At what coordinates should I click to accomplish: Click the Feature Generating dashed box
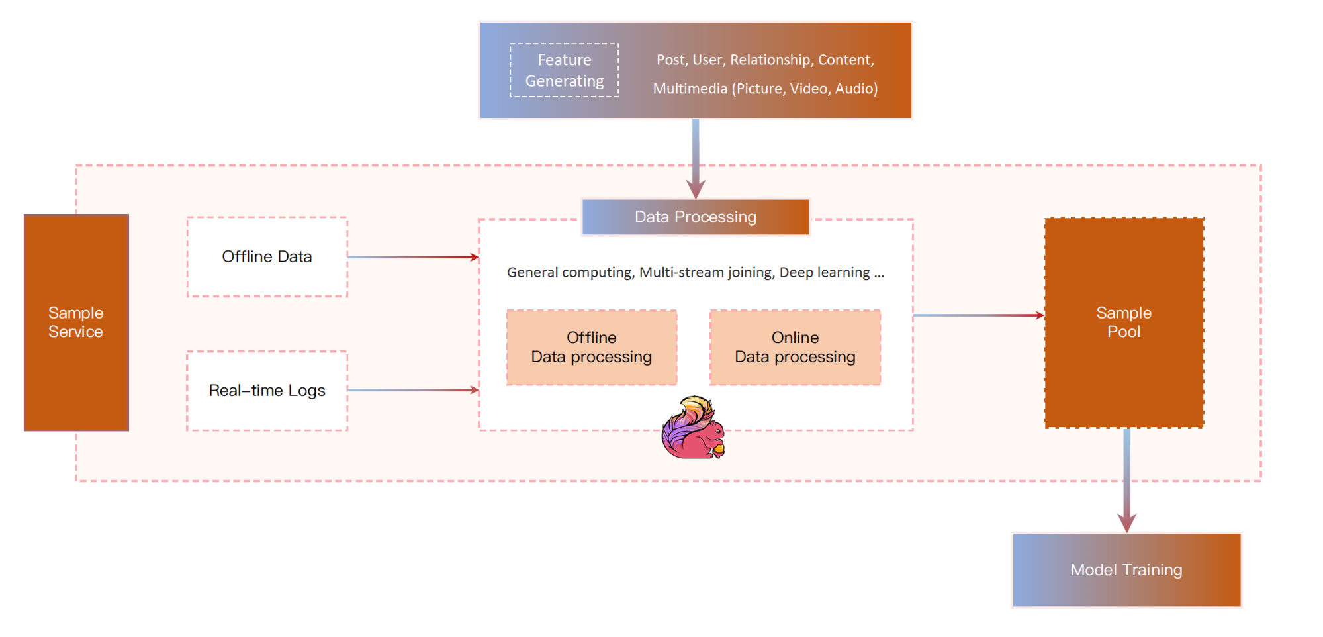coord(564,70)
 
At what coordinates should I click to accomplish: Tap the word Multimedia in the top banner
coord(690,89)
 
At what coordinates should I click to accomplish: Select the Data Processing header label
coord(695,217)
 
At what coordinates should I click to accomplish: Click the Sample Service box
coord(76,322)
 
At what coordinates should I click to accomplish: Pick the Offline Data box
coord(267,257)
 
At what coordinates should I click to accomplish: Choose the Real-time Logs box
coord(267,391)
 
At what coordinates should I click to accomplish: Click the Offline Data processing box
coord(591,348)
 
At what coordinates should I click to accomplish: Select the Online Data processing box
coord(795,348)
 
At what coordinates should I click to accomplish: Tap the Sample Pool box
coord(1124,322)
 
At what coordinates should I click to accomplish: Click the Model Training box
coord(1126,570)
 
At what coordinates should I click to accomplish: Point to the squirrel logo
coord(693,428)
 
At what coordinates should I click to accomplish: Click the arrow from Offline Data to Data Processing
coord(412,257)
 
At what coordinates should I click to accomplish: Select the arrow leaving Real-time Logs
coord(412,391)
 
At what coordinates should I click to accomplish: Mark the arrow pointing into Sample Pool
coord(978,315)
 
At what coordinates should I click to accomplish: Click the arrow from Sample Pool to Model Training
coord(1126,480)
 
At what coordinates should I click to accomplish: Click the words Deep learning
coord(825,273)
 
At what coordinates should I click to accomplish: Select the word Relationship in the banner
coord(770,60)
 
